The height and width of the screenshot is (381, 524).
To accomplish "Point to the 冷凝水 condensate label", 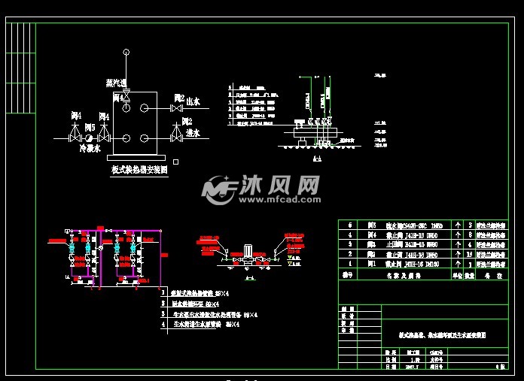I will click(x=90, y=149).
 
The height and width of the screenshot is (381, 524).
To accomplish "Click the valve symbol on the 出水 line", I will click(x=175, y=109).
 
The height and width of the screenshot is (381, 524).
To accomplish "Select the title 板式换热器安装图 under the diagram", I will click(x=139, y=171).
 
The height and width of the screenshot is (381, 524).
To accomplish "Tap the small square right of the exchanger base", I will click(x=175, y=161).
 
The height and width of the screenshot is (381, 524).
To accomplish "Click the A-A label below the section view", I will click(x=316, y=159).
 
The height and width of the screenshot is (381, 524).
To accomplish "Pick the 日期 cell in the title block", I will click(x=389, y=367).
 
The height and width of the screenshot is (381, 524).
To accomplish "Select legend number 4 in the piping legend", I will click(x=163, y=325).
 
